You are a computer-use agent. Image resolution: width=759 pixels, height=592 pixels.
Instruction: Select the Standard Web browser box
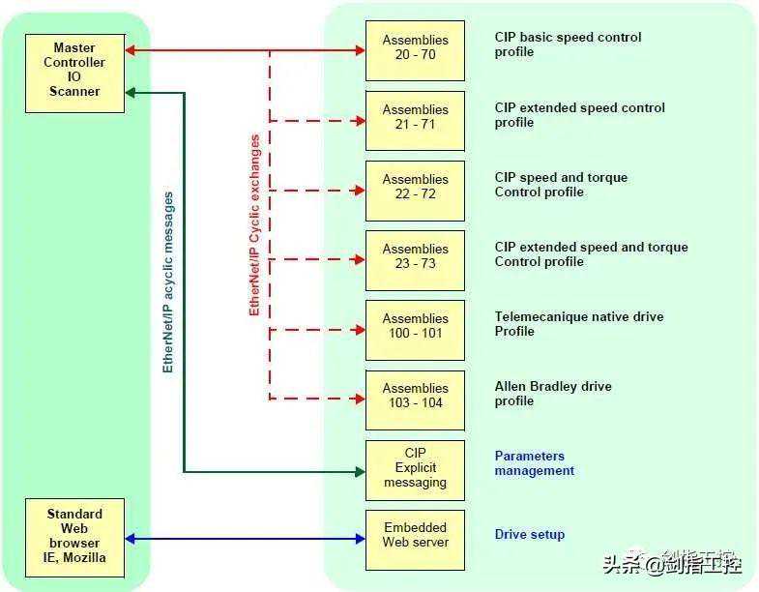tap(75, 535)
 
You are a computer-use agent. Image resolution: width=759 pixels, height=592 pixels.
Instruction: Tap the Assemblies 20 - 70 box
tap(415, 48)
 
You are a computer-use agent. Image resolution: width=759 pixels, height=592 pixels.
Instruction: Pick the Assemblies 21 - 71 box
tap(415, 118)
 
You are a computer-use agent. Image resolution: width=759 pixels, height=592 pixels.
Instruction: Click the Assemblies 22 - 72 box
tap(415, 188)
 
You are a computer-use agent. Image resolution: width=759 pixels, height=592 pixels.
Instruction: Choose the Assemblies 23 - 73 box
tap(415, 257)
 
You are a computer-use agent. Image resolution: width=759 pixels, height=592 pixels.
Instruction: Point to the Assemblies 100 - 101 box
tap(415, 327)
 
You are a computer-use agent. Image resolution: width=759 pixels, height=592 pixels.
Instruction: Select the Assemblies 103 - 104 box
tap(415, 397)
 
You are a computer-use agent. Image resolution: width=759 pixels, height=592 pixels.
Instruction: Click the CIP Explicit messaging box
tap(415, 467)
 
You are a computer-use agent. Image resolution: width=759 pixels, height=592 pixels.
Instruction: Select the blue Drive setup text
tap(530, 535)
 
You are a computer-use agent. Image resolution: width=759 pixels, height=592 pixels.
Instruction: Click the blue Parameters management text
tap(535, 463)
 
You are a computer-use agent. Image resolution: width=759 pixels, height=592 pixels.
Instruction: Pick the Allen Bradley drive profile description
tap(553, 394)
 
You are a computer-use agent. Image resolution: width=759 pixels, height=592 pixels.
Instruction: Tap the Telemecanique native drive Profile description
tap(579, 324)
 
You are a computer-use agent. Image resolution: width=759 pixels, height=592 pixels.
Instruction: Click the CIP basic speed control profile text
tap(568, 44)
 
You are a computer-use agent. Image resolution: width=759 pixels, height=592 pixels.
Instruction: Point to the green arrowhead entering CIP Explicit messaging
tap(359, 472)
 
